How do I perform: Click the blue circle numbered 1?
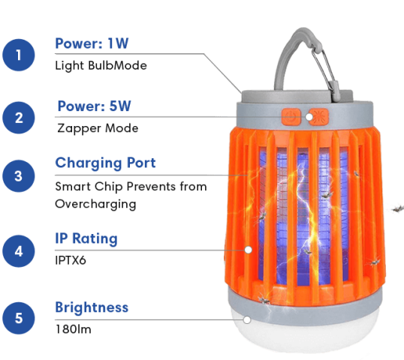19,55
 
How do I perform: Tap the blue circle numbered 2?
19,118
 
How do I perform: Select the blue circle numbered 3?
19,176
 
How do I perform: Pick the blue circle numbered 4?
19,251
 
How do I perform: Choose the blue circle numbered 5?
19,318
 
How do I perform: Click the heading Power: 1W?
92,43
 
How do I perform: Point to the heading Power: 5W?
95,106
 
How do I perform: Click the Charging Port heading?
105,163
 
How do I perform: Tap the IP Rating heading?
86,238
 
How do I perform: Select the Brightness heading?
92,307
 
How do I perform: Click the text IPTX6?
71,260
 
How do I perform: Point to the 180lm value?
74,329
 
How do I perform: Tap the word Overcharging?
95,204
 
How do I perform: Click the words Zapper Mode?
98,128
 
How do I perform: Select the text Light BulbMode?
101,65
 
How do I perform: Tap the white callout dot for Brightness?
247,319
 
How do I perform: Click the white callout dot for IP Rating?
248,250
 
